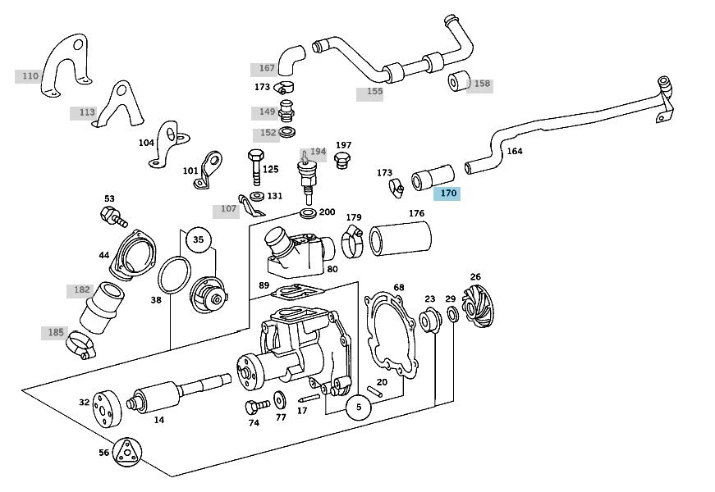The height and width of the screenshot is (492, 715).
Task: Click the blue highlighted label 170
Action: (447, 194)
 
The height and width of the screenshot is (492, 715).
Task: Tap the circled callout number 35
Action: (198, 240)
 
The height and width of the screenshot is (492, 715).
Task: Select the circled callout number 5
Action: (359, 407)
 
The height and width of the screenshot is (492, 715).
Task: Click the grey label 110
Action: (30, 76)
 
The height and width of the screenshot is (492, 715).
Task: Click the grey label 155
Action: (374, 92)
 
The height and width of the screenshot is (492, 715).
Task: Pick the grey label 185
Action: (55, 333)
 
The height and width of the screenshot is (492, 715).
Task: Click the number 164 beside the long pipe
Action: (515, 151)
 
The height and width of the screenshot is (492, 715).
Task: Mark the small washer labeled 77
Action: (279, 399)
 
